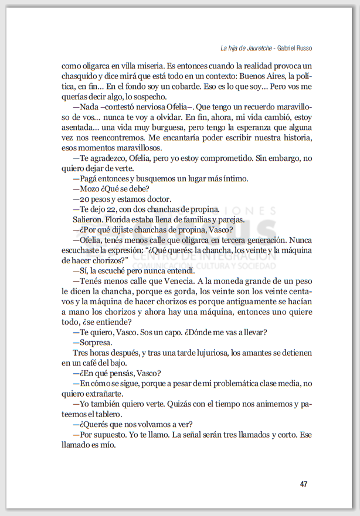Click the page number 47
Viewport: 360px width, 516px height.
[x=303, y=484]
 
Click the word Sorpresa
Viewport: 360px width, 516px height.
[x=95, y=342]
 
